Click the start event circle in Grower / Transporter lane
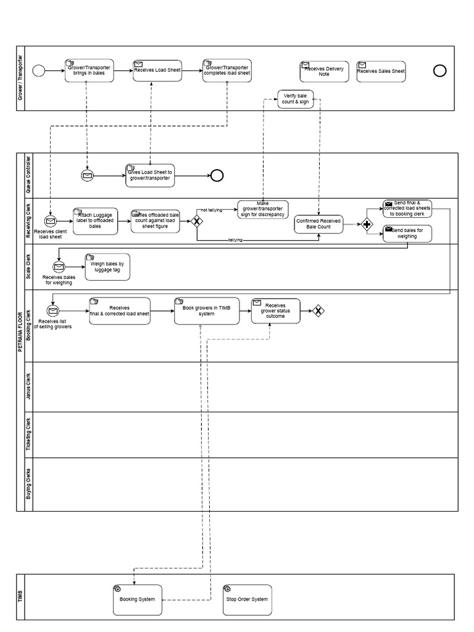(38, 71)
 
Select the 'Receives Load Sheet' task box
(157, 70)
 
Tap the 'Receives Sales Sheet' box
(381, 71)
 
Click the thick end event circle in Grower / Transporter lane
(439, 70)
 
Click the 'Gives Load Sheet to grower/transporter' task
(149, 175)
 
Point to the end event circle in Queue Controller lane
(217, 175)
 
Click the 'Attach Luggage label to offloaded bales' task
(95, 220)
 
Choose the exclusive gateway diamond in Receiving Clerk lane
(197, 220)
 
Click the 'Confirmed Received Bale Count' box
(319, 224)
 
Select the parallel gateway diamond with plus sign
(368, 224)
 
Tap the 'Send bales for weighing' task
(407, 233)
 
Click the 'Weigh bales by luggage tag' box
(108, 267)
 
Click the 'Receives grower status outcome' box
(275, 310)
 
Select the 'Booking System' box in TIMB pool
(138, 599)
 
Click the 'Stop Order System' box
(247, 599)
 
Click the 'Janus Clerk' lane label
(28, 387)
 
